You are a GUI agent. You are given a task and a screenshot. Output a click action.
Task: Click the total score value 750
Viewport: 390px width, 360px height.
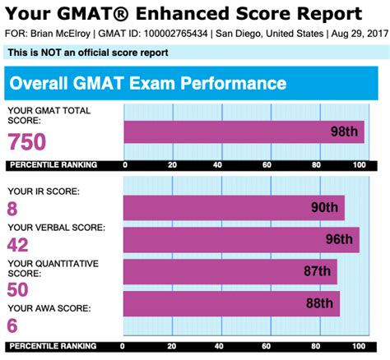pos(27,141)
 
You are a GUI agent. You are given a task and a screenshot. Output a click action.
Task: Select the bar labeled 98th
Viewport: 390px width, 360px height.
pos(244,132)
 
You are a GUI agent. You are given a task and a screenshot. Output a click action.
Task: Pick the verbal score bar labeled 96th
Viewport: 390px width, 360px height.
pos(241,239)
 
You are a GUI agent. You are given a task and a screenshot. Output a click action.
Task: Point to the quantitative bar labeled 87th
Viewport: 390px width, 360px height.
pos(230,271)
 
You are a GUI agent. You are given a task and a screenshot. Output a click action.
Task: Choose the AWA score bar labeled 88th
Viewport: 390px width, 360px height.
pos(231,303)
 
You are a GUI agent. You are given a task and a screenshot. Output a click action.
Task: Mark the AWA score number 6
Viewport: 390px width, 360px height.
pos(13,325)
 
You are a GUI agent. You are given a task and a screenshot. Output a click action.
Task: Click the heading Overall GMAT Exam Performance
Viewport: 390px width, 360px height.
pos(146,84)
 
